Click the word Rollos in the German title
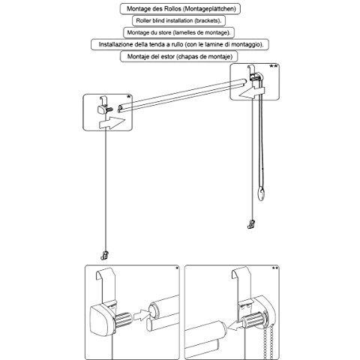(172, 9)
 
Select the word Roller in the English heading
(143, 21)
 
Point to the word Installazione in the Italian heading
(115, 44)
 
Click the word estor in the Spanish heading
(168, 56)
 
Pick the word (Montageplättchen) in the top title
(209, 9)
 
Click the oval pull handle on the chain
(261, 194)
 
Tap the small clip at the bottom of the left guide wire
(104, 256)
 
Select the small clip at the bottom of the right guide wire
(251, 224)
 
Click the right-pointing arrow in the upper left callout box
(112, 123)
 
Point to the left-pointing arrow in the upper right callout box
(251, 92)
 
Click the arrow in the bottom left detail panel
(142, 316)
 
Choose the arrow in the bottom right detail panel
(234, 325)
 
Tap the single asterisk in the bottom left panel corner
(177, 268)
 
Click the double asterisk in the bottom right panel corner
(275, 268)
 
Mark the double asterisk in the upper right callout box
(273, 66)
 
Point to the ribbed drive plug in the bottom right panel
(252, 321)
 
